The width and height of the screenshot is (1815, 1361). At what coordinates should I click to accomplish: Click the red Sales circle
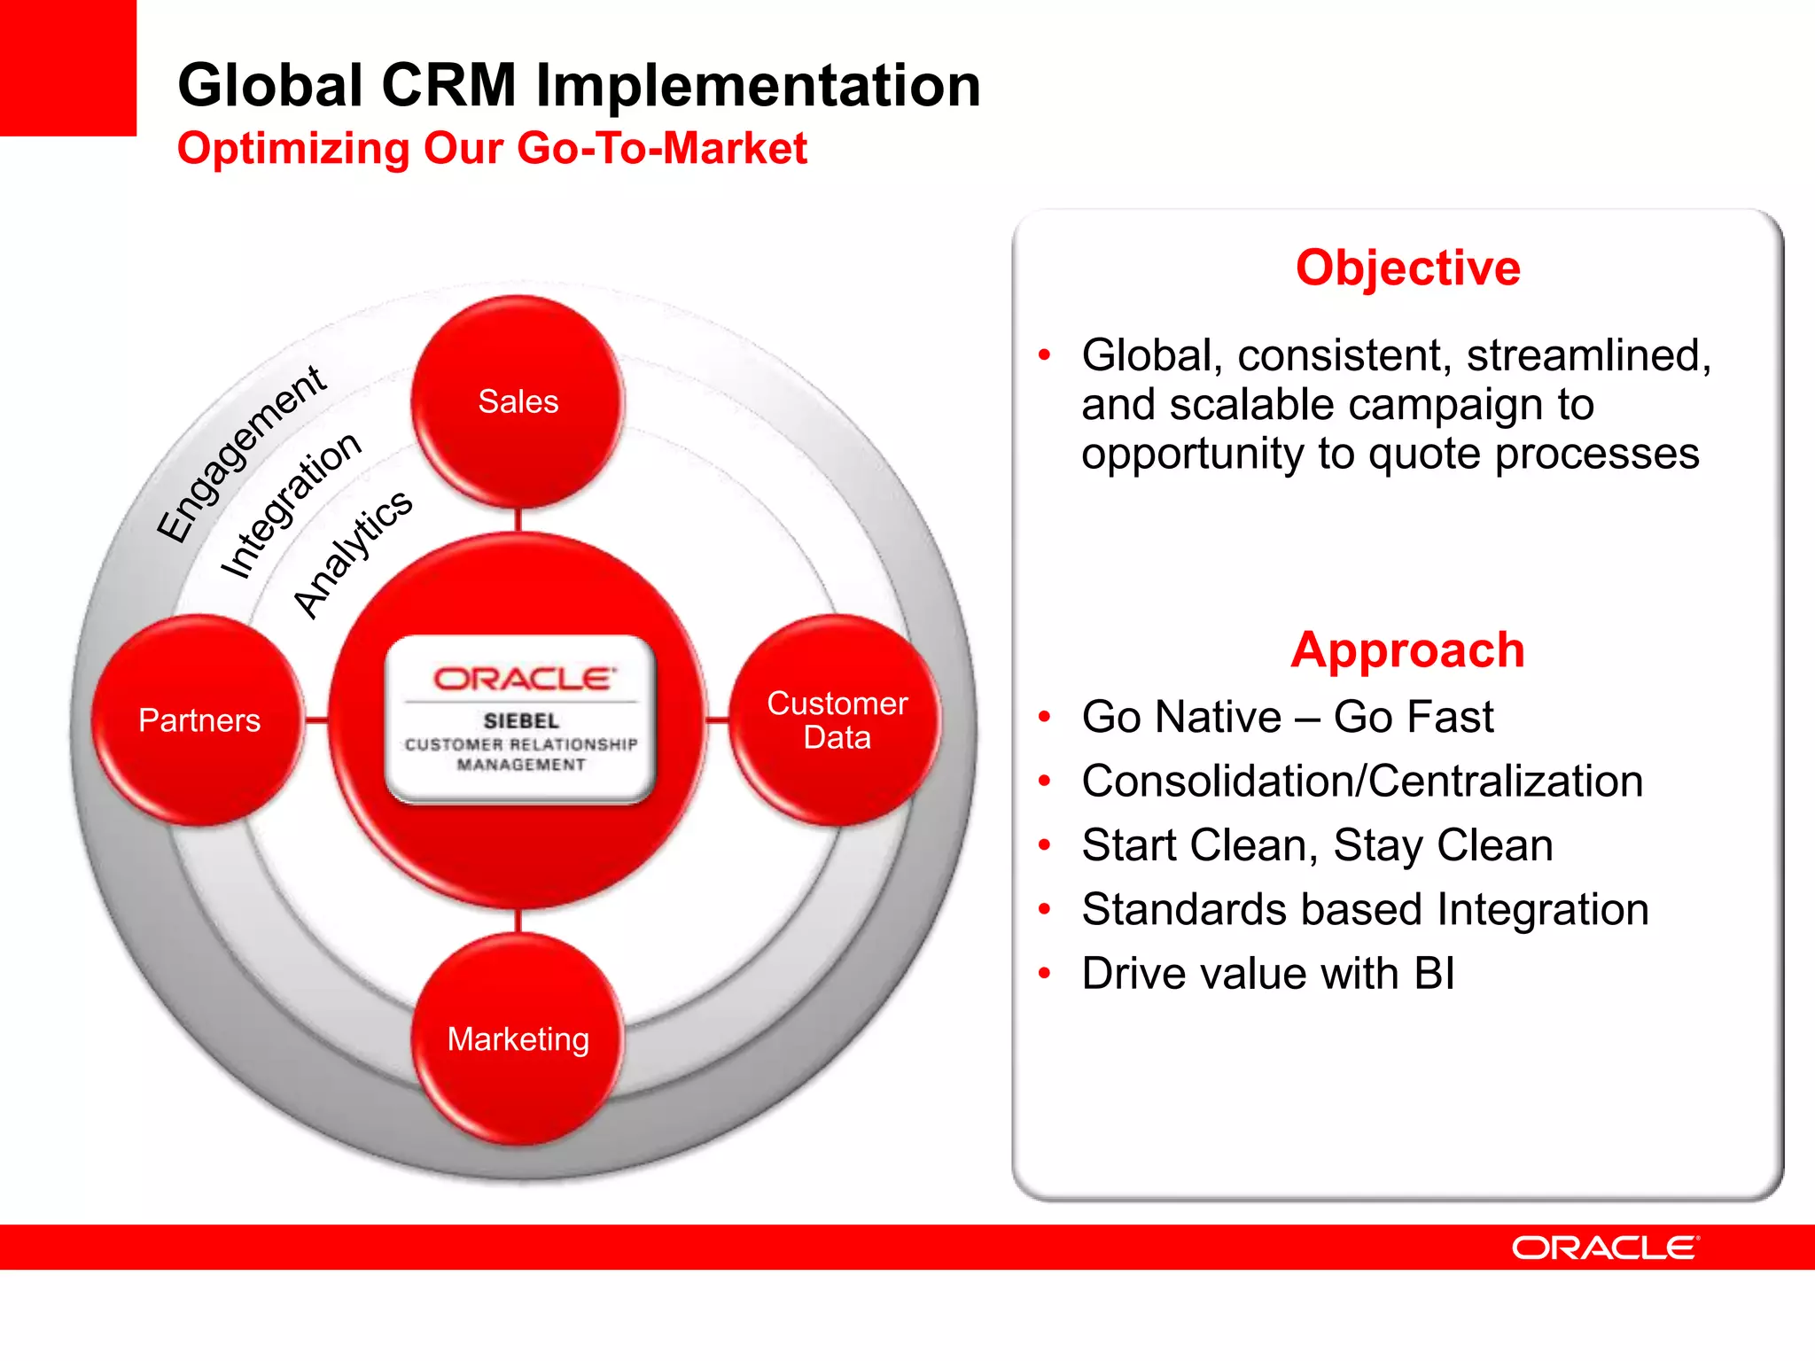pyautogui.click(x=518, y=401)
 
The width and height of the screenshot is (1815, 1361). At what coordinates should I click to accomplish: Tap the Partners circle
pyautogui.click(x=199, y=719)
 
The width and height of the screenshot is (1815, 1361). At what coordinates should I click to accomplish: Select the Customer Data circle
pyautogui.click(x=837, y=719)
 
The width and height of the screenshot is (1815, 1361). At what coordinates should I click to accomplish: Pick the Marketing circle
pyautogui.click(x=518, y=1038)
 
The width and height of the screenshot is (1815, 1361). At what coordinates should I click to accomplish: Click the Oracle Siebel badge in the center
pyautogui.click(x=521, y=719)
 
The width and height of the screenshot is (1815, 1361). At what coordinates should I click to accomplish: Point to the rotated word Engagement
pyautogui.click(x=241, y=454)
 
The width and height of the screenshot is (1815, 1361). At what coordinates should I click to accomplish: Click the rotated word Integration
pyautogui.click(x=291, y=505)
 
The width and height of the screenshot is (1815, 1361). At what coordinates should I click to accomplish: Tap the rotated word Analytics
pyautogui.click(x=353, y=554)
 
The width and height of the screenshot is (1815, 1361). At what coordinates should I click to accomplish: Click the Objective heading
pyautogui.click(x=1407, y=268)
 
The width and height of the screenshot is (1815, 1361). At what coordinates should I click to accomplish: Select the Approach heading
pyautogui.click(x=1407, y=649)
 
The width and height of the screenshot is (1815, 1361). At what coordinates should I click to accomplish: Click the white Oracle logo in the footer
pyautogui.click(x=1605, y=1248)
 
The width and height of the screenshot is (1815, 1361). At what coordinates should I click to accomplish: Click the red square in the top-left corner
pyautogui.click(x=67, y=67)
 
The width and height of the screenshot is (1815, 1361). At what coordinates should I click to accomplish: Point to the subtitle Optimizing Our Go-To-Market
pyautogui.click(x=492, y=148)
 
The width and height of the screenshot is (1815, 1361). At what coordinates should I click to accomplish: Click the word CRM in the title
pyautogui.click(x=448, y=86)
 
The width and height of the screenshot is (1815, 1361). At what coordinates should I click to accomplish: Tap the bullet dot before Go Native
pyautogui.click(x=1045, y=717)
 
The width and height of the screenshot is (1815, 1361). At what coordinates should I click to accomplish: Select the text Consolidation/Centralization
pyautogui.click(x=1362, y=782)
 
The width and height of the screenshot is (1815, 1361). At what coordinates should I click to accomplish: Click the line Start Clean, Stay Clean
pyautogui.click(x=1317, y=845)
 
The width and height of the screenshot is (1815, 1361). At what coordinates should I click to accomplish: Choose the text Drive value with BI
pyautogui.click(x=1267, y=974)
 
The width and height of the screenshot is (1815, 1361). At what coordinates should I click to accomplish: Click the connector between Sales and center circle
pyautogui.click(x=518, y=520)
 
